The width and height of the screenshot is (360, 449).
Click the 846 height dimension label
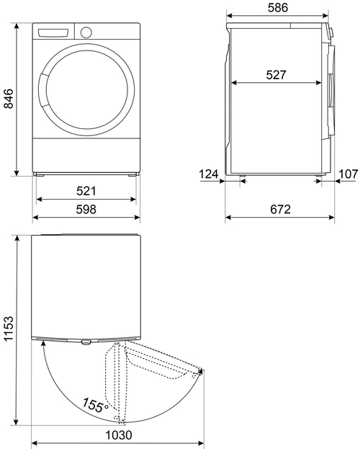coord(9,98)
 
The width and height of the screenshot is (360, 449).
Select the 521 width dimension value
coord(86,191)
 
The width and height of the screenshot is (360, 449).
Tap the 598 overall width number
coord(86,209)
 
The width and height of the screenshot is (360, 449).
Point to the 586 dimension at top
coord(278,8)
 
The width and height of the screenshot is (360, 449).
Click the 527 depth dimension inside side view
coord(277,74)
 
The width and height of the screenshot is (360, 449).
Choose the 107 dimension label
coord(348,174)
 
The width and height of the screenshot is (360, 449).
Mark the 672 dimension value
coord(280,210)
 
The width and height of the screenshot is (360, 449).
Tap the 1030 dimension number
coord(117,436)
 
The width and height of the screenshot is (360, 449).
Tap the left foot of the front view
coord(42,175)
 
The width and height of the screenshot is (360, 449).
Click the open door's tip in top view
coord(200,372)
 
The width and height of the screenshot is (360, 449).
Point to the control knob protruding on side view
coord(332,32)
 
